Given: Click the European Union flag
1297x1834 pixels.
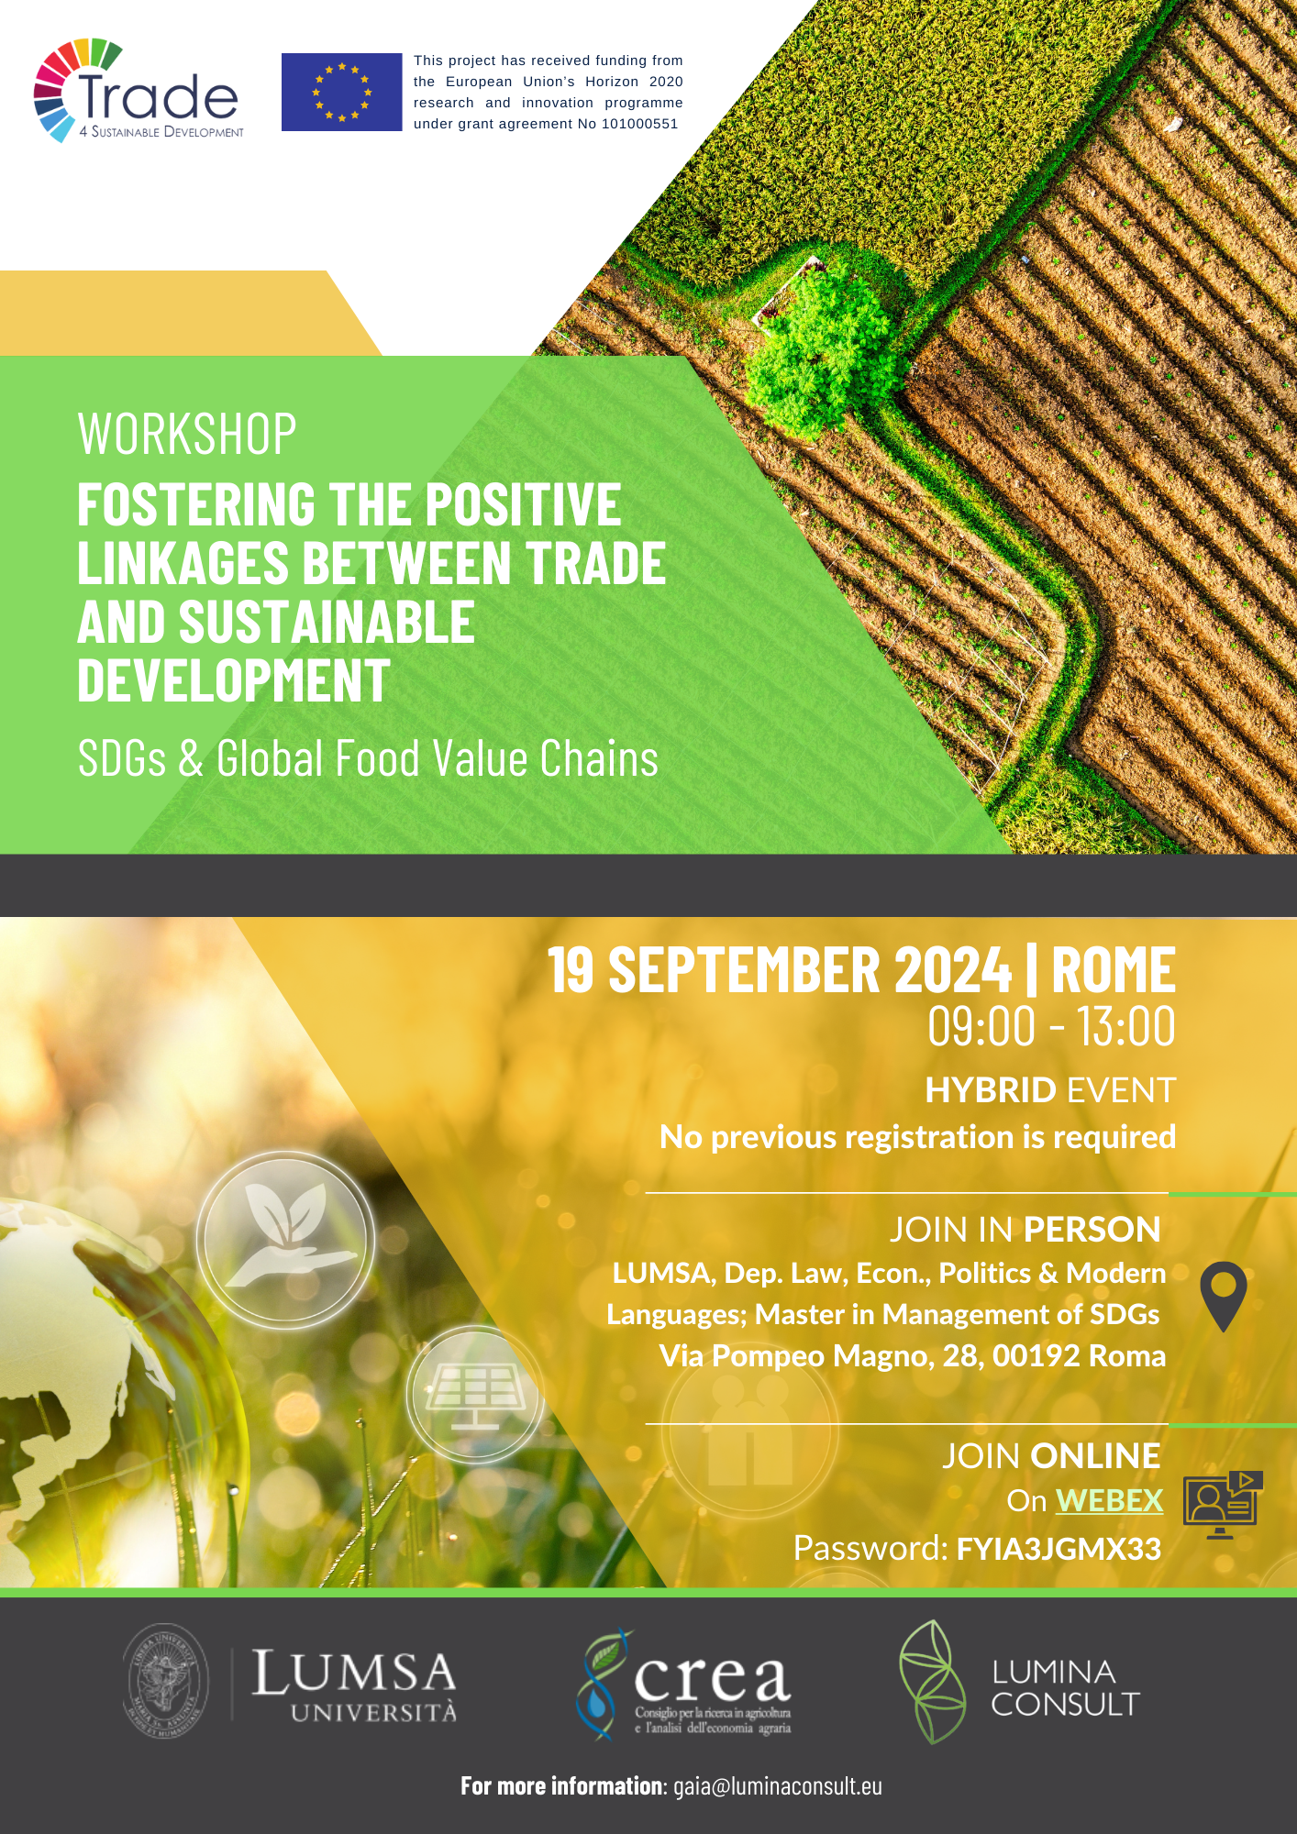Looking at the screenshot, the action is [x=341, y=92].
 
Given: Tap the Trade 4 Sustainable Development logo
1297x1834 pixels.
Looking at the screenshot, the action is [x=139, y=91].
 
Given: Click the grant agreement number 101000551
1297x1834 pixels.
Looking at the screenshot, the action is [x=639, y=124].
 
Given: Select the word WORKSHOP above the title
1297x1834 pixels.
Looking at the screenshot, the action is [x=187, y=434].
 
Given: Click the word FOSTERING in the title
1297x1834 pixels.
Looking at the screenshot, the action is [x=198, y=504].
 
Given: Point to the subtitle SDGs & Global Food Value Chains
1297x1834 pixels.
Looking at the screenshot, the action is [x=368, y=758].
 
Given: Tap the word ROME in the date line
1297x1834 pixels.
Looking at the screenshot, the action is [x=1114, y=970].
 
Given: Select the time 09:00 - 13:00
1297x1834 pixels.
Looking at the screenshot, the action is [x=1051, y=1026].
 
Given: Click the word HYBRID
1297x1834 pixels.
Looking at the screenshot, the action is [x=991, y=1090].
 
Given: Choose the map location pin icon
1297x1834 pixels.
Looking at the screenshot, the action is [x=1224, y=1296].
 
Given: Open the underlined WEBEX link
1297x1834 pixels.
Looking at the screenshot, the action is [x=1110, y=1501].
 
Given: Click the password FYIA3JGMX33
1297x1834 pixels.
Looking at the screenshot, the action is [x=1059, y=1549].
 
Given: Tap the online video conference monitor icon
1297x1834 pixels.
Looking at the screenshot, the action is [x=1223, y=1505].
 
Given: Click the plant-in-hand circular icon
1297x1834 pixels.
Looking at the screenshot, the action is [x=285, y=1240].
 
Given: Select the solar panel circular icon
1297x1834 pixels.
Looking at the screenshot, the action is [x=475, y=1394].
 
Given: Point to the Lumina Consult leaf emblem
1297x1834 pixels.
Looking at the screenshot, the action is [x=932, y=1682].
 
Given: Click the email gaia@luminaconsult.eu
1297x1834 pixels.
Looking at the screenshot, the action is [x=778, y=1785].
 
